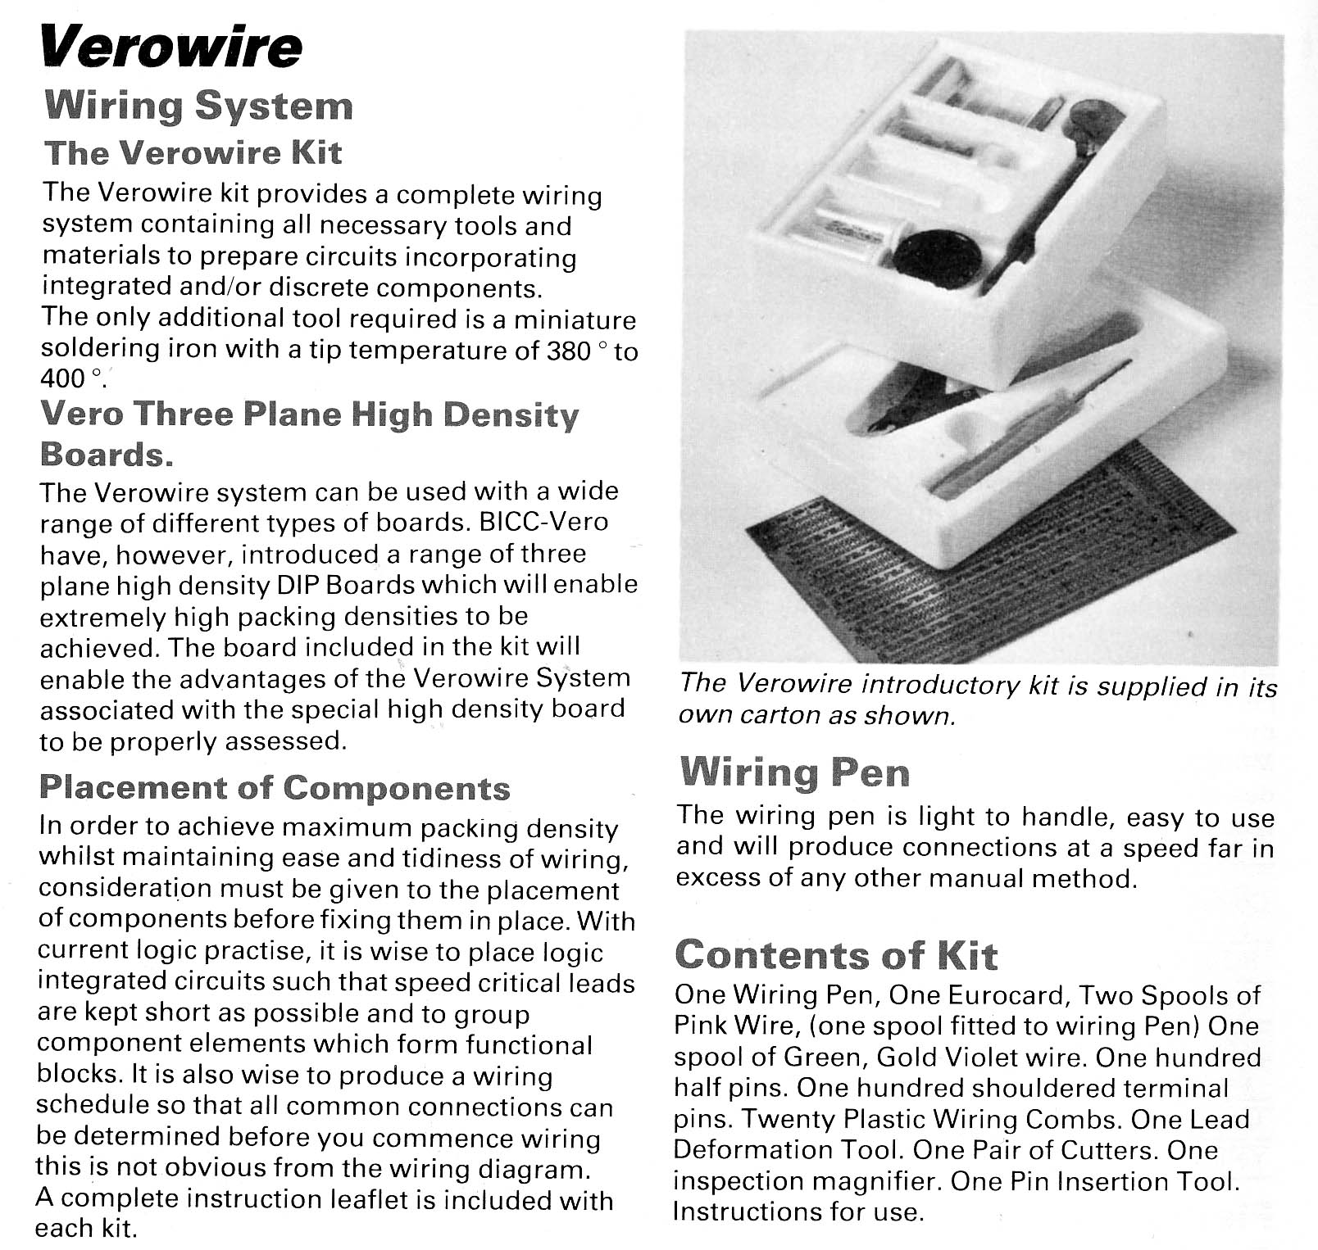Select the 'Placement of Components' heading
(x=275, y=787)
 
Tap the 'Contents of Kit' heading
(x=835, y=954)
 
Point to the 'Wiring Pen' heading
(x=794, y=772)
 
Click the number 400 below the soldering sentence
(x=62, y=378)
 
